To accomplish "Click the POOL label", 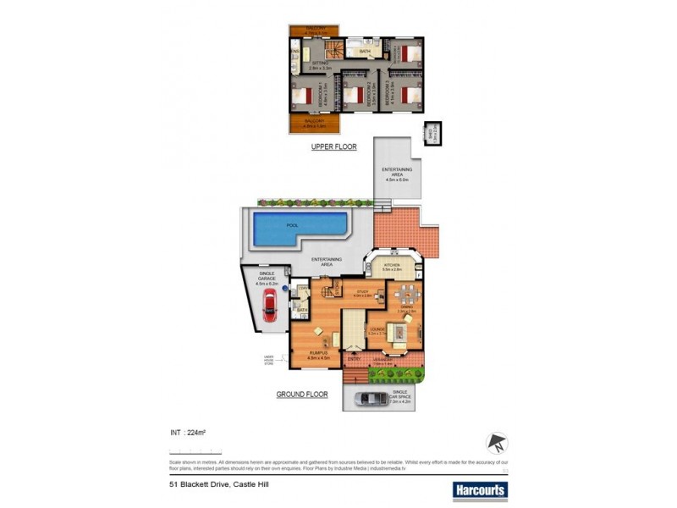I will click(292, 226).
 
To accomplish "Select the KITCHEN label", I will click(391, 265).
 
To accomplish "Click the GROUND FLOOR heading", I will click(301, 395).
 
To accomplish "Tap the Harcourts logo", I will click(480, 489).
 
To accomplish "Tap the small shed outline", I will click(432, 133).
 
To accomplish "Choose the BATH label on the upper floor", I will click(365, 52).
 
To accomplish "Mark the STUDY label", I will click(363, 292).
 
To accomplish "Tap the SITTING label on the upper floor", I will click(320, 63).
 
